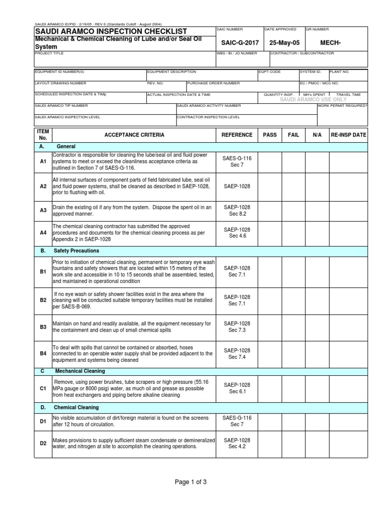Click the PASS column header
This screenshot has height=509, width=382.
[270, 135]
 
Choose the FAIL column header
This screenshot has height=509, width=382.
[293, 135]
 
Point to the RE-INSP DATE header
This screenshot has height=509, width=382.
[349, 135]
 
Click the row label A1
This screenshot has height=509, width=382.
[43, 162]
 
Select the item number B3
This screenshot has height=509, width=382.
[43, 327]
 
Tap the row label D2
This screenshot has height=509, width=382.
[43, 443]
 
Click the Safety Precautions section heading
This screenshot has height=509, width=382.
[77, 251]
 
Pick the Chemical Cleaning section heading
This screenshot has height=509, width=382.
[76, 408]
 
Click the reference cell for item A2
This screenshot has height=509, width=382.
[237, 186]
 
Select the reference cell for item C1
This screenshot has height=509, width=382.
[237, 388]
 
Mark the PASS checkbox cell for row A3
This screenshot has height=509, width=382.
[270, 210]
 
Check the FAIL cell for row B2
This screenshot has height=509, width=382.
[293, 300]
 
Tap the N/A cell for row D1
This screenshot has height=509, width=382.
[317, 422]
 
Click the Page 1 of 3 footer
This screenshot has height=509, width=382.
[191, 482]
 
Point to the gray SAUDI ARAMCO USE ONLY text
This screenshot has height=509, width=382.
[313, 99]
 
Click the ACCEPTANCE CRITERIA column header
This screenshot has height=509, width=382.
[134, 135]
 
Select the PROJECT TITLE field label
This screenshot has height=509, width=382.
[49, 53]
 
